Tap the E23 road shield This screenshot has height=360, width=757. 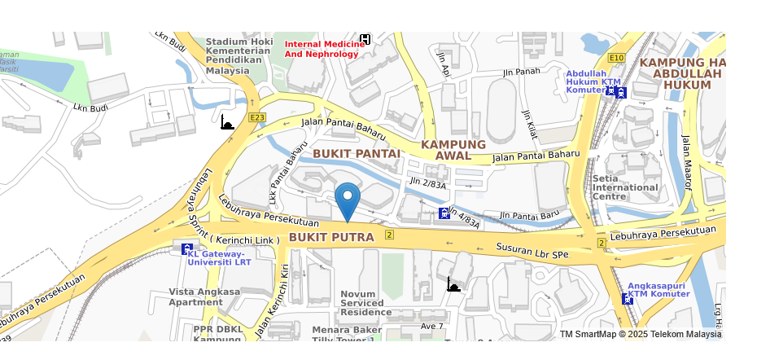tap(257, 118)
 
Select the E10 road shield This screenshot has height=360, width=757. tap(616, 58)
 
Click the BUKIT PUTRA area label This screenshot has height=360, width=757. tap(331, 238)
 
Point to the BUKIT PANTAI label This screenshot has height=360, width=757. tap(357, 153)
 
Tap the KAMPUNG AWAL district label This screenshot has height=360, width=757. tap(453, 150)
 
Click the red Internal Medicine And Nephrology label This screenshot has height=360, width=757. tap(321, 49)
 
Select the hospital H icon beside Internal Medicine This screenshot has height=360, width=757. tap(365, 39)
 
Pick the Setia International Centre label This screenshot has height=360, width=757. tap(625, 187)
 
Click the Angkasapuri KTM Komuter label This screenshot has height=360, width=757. tap(659, 290)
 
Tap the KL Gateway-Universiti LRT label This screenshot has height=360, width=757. tap(219, 258)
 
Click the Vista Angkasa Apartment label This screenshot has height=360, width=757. tap(204, 296)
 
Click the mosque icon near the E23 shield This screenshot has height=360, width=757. tap(228, 123)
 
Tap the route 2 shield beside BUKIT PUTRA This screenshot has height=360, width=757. tap(389, 235)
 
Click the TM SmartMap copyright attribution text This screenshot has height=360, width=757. tap(641, 335)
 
